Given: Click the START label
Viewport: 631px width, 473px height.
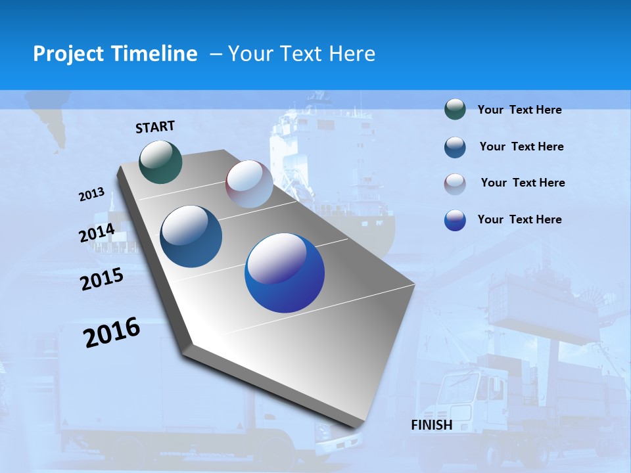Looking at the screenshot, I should click(x=155, y=126).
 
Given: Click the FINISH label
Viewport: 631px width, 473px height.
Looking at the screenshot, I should click(x=431, y=425).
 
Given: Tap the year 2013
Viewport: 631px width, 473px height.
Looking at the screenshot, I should click(x=91, y=194).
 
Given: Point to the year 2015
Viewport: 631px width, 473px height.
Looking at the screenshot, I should click(x=102, y=279).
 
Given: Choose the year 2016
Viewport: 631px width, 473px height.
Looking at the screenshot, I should click(x=112, y=332).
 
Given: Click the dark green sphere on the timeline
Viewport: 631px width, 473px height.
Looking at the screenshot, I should click(x=161, y=162).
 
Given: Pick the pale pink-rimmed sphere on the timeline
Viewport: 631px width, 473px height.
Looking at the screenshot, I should click(x=249, y=184).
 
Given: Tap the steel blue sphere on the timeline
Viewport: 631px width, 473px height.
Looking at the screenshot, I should click(x=191, y=236).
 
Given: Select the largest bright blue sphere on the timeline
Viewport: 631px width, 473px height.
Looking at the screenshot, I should click(x=284, y=273).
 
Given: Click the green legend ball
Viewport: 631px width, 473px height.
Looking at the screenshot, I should click(x=455, y=110).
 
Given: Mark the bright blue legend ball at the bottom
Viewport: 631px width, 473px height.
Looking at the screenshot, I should click(x=455, y=220).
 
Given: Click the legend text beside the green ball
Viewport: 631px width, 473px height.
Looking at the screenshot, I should click(x=519, y=110).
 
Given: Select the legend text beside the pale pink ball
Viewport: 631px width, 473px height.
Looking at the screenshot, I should click(x=523, y=183).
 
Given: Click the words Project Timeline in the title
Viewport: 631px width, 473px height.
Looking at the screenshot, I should click(x=115, y=54).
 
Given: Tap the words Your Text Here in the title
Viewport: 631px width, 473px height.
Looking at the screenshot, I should click(x=302, y=54).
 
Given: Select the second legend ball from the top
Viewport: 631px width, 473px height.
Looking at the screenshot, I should click(x=455, y=147).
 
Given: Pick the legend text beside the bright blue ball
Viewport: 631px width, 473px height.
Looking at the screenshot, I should click(x=519, y=219).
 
